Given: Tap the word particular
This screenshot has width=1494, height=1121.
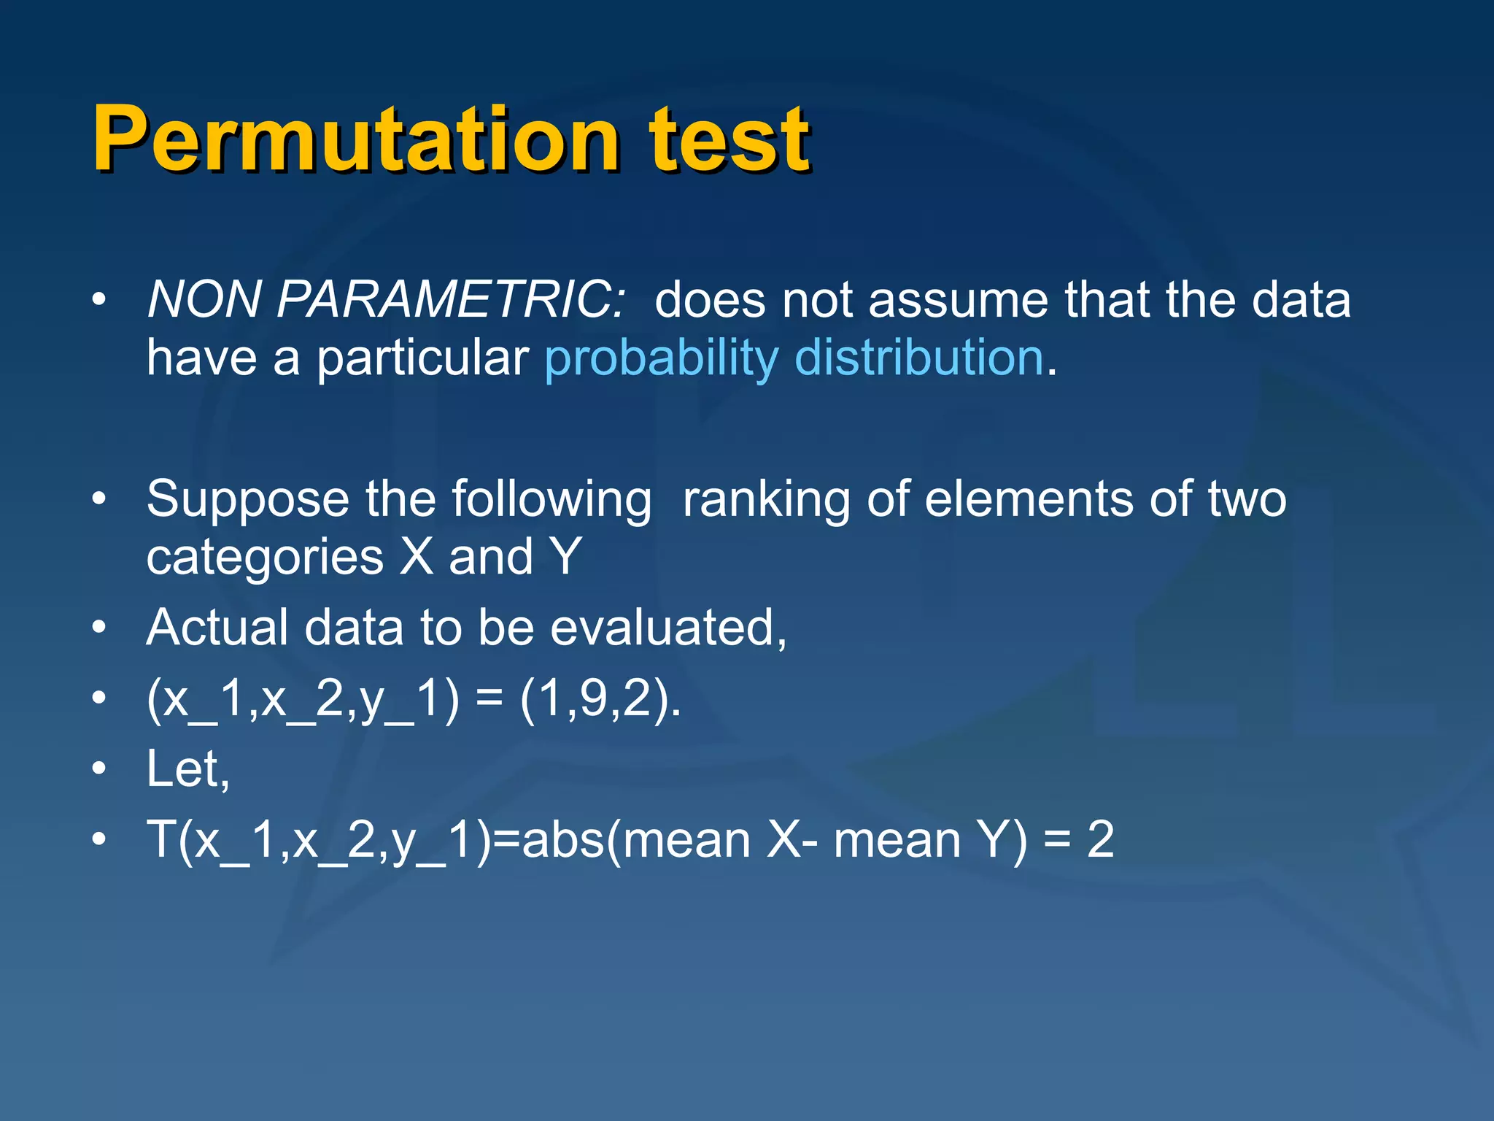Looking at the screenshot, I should tap(423, 359).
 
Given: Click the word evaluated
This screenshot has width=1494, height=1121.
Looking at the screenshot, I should tap(667, 627).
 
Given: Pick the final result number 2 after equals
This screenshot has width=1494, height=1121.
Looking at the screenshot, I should tap(1100, 839).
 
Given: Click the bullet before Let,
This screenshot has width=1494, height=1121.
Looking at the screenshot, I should tap(100, 768).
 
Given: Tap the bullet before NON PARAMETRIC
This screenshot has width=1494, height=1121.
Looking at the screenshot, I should tap(100, 299).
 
